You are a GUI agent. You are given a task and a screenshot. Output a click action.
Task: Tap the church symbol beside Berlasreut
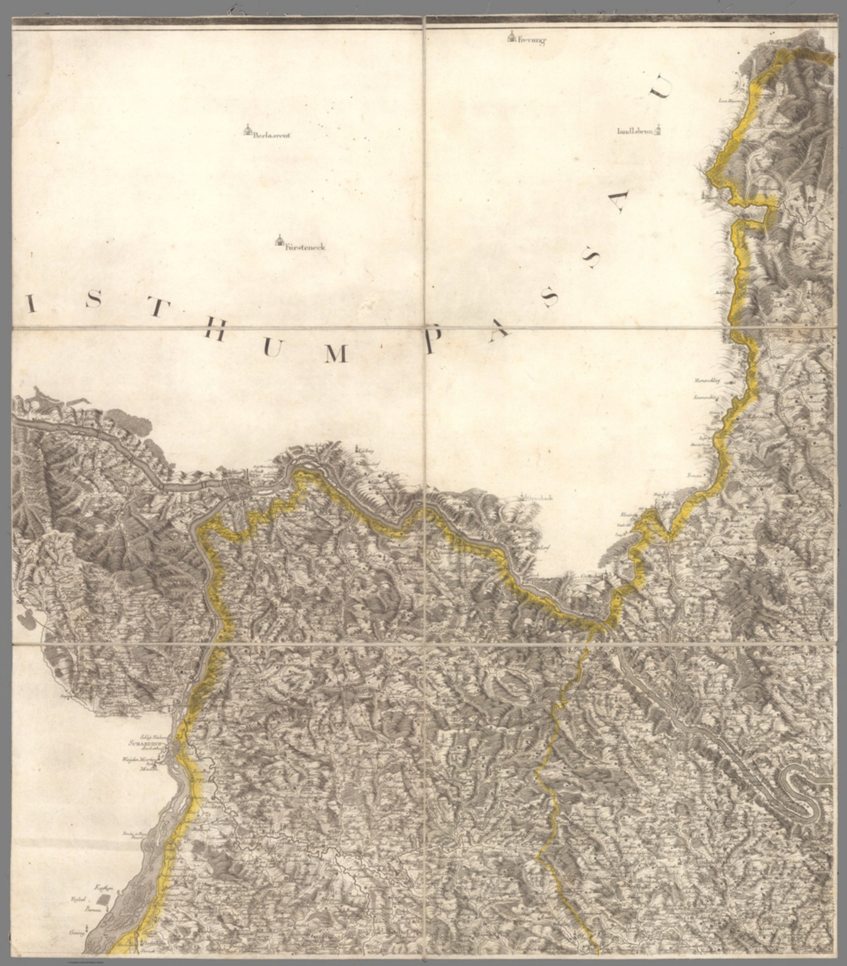(248, 130)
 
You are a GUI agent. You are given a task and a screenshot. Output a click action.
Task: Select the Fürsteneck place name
(305, 248)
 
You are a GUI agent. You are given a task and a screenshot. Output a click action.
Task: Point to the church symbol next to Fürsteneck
(279, 241)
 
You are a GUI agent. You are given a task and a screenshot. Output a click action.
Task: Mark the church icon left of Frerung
(512, 38)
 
